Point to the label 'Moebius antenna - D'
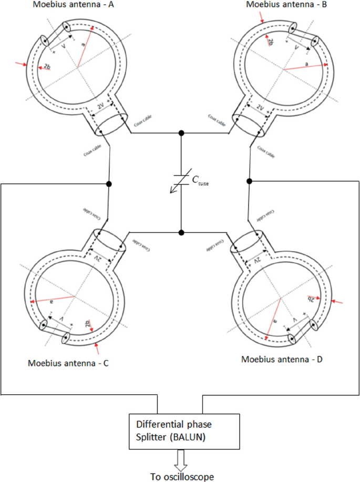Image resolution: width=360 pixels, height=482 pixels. click(x=282, y=360)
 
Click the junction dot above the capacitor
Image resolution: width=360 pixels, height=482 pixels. click(x=181, y=132)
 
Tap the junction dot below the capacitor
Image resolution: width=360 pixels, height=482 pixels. click(x=181, y=232)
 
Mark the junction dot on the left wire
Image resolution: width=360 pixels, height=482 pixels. click(x=109, y=184)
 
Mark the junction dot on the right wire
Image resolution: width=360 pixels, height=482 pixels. click(x=250, y=181)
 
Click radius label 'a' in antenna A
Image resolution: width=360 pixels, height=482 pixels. click(x=83, y=46)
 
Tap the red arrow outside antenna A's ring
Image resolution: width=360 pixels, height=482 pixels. click(x=21, y=64)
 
